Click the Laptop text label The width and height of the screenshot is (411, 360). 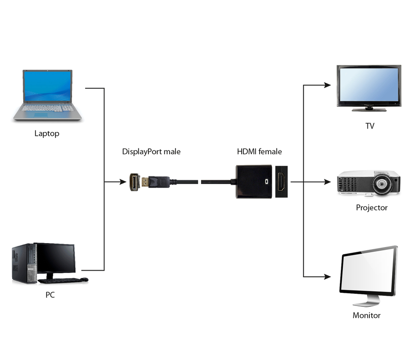(x=47, y=133)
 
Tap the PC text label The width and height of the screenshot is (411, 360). (x=50, y=294)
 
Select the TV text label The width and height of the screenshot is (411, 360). (x=369, y=126)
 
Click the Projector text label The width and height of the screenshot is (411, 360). (x=371, y=208)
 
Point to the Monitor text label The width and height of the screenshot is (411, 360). (x=367, y=316)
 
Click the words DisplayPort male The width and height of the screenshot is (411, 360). (x=151, y=152)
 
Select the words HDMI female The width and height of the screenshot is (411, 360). (x=259, y=152)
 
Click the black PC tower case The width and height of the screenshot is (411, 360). (x=24, y=263)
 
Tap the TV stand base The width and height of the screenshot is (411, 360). (x=369, y=110)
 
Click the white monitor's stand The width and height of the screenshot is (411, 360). (x=367, y=302)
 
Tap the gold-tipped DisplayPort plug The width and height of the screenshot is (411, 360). (x=145, y=182)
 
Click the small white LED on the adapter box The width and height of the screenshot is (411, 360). (x=265, y=182)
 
